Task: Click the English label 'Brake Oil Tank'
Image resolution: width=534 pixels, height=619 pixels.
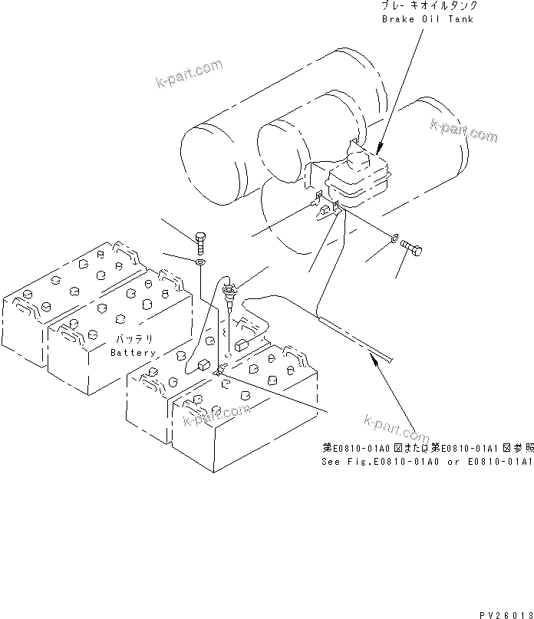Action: (x=427, y=18)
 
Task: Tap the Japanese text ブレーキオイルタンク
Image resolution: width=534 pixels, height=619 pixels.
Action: (x=427, y=6)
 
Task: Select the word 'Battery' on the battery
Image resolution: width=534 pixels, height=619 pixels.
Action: (x=133, y=352)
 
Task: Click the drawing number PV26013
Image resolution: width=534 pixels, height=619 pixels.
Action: (x=506, y=613)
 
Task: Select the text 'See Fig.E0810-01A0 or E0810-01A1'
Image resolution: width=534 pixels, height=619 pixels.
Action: (x=427, y=462)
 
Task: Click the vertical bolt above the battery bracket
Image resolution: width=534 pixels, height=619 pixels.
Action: (x=199, y=242)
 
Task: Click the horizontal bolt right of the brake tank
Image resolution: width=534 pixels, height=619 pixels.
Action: (x=412, y=248)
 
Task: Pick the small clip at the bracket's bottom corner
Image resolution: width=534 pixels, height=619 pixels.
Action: (x=218, y=372)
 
